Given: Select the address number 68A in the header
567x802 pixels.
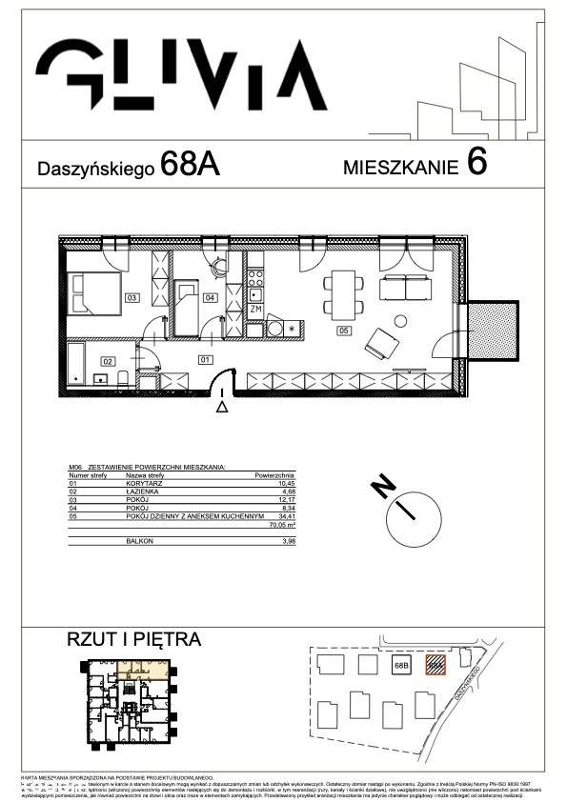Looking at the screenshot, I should click(x=191, y=165).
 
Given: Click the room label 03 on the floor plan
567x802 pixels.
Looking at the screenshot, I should click(x=132, y=298).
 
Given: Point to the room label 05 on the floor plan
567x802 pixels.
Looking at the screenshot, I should click(x=344, y=331).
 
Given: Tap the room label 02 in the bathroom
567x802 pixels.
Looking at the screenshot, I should click(x=108, y=361).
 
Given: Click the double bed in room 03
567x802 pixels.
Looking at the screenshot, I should click(x=95, y=291).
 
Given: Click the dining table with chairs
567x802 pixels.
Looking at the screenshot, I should click(x=343, y=294).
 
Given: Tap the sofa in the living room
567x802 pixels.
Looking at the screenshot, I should click(x=405, y=287).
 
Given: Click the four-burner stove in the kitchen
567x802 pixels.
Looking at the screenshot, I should click(x=254, y=278).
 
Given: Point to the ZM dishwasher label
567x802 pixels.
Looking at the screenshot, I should click(x=255, y=310).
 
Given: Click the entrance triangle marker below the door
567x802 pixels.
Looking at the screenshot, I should click(x=222, y=408).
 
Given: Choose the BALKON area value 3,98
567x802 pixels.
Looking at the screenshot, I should click(x=286, y=540).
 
